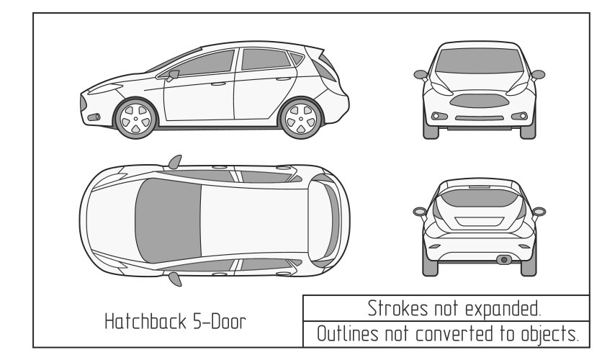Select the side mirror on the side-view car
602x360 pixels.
pos(172,74)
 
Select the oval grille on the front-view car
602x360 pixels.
pos(478,99)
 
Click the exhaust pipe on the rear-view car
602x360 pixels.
pos(505,258)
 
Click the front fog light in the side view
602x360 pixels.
pos(91,114)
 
